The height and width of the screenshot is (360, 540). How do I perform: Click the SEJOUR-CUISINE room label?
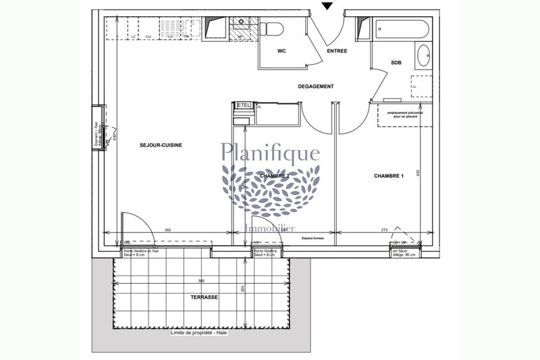(161, 145)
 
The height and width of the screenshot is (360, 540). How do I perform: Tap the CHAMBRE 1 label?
(389, 176)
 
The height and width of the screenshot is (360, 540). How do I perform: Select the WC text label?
(282, 51)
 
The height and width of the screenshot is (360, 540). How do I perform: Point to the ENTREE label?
(337, 51)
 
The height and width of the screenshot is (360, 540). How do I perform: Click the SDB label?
(396, 63)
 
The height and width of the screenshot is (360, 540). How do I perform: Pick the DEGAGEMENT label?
(316, 86)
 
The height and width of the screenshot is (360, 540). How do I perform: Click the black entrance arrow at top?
(327, 5)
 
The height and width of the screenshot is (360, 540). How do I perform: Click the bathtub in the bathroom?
(400, 30)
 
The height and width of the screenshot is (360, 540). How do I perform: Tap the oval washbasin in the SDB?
(424, 55)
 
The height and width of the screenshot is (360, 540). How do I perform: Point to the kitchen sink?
(240, 30)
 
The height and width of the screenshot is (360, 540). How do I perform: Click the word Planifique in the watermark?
(271, 153)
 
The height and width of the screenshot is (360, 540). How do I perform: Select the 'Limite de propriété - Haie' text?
(200, 334)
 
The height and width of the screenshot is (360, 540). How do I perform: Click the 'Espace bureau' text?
(315, 238)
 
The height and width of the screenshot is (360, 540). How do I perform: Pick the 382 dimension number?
(167, 232)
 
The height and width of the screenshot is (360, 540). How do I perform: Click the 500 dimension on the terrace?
(201, 280)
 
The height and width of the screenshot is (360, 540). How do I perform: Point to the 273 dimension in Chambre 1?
(385, 231)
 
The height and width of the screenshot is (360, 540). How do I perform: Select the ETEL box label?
(244, 105)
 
